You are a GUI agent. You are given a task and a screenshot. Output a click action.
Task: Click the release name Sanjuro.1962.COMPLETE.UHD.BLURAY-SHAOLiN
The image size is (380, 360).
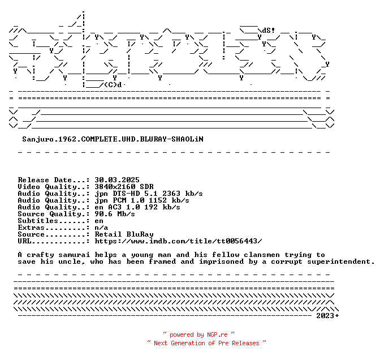click(x=113, y=139)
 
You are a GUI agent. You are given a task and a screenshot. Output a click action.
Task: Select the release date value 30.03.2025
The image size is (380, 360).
click(x=117, y=180)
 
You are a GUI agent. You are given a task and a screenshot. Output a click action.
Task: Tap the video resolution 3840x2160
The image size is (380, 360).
click(x=115, y=187)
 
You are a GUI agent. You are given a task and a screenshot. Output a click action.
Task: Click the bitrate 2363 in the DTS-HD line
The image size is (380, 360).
click(x=171, y=194)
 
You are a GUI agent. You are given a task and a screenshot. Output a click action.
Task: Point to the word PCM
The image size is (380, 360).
click(x=119, y=200)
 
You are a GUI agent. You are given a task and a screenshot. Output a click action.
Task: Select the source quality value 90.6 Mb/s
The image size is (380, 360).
click(x=115, y=214)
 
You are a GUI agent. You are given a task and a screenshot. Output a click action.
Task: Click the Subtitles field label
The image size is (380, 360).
click(x=38, y=221)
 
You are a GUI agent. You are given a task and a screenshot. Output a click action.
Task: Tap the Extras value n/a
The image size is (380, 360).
click(x=101, y=228)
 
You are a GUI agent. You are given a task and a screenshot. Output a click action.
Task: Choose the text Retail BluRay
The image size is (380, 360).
click(x=124, y=234)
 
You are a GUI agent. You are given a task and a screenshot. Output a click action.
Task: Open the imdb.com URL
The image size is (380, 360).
click(x=178, y=241)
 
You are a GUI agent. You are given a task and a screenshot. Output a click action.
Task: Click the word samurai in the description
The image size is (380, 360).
click(x=74, y=255)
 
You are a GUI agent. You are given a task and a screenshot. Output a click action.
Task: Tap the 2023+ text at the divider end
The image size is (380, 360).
click(x=327, y=316)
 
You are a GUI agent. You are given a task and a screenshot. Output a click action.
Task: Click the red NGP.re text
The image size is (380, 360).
click(x=217, y=335)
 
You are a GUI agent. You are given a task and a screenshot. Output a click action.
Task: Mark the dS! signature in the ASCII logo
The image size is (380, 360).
click(x=269, y=31)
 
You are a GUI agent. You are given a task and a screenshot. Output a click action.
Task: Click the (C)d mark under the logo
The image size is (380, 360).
click(x=113, y=85)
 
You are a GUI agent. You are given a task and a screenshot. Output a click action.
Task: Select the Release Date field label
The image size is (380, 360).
click(x=45, y=180)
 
